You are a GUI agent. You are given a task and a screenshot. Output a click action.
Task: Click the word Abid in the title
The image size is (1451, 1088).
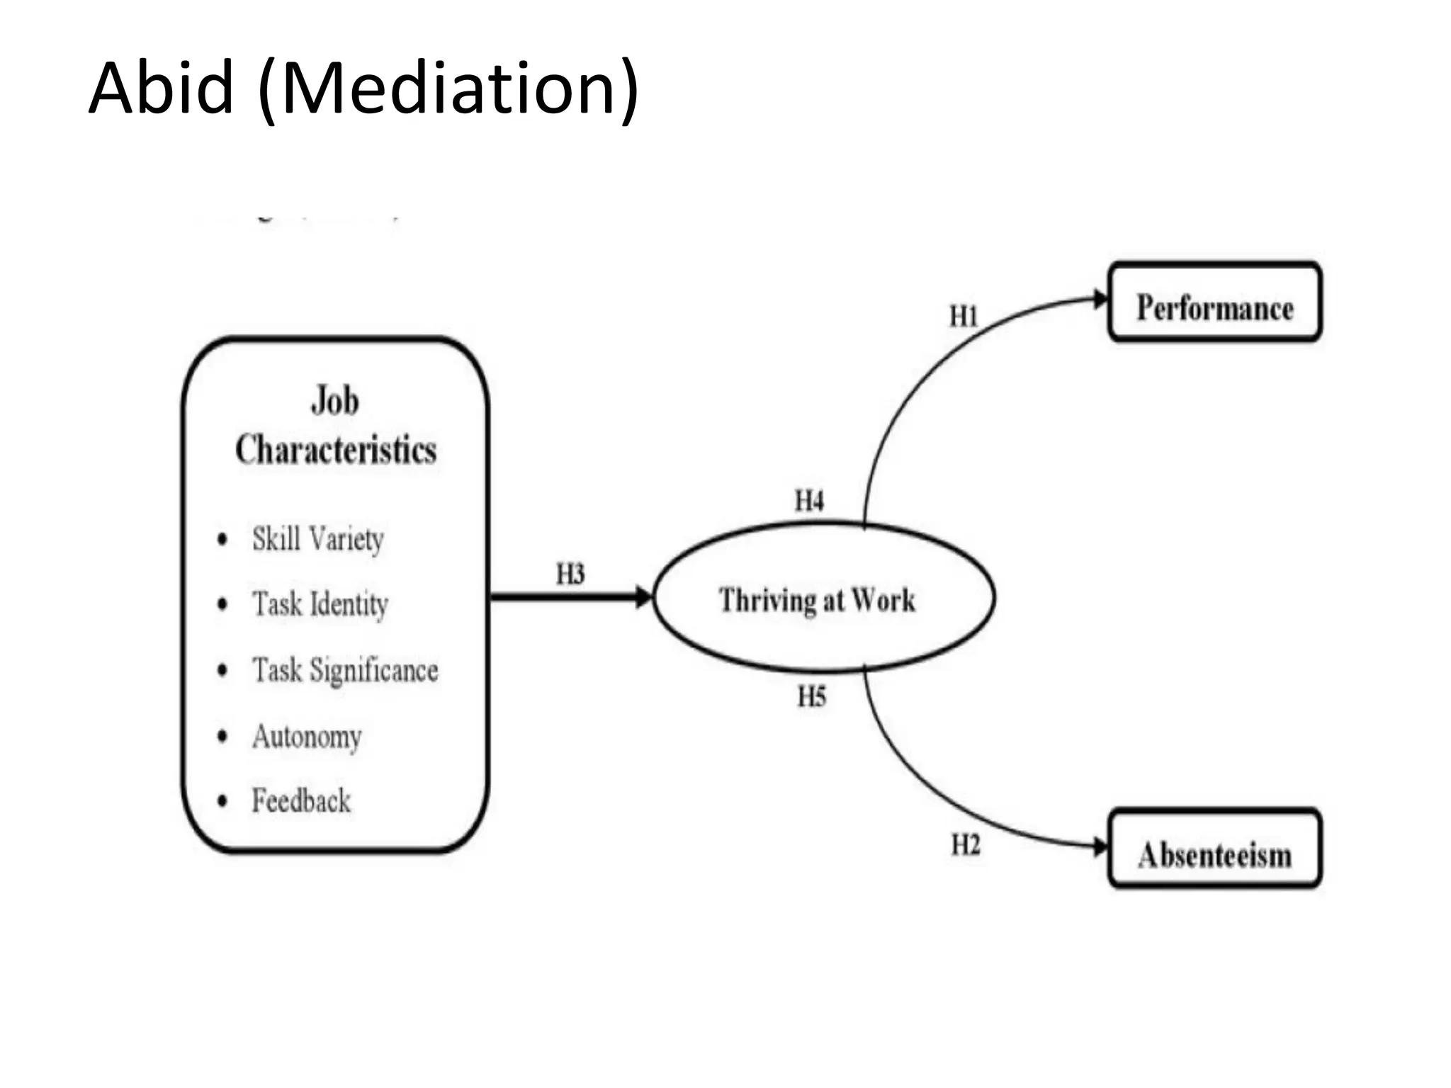click(162, 89)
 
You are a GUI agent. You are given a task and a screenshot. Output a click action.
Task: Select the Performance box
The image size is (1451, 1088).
click(1214, 302)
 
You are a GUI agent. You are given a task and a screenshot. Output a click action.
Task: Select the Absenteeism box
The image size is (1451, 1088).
click(1214, 848)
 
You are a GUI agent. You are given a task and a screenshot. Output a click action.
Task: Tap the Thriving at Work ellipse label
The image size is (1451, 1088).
click(817, 600)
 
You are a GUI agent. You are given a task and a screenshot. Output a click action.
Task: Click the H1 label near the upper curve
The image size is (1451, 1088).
click(964, 316)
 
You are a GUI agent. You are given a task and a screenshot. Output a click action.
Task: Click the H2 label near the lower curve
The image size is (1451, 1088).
click(965, 844)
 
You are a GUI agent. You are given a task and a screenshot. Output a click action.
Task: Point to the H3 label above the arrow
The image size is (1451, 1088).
click(570, 574)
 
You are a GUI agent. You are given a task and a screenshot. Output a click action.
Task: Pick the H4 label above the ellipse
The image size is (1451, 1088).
click(809, 501)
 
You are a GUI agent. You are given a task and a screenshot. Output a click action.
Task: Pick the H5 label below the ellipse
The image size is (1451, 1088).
click(811, 696)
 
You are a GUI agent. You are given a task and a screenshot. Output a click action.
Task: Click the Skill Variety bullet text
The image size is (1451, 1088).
click(318, 539)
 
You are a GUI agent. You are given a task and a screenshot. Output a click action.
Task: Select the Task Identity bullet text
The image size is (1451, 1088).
click(320, 604)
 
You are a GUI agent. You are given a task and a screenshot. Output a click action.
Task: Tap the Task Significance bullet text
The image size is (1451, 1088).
click(345, 670)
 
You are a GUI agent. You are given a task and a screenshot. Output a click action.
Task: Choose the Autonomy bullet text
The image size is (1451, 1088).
click(307, 737)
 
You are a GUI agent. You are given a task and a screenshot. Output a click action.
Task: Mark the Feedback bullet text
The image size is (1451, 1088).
click(301, 801)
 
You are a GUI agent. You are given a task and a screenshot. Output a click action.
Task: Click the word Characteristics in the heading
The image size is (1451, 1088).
click(336, 450)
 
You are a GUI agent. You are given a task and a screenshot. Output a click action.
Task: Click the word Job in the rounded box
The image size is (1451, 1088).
click(335, 400)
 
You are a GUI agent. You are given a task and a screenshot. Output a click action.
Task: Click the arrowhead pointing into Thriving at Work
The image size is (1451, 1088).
click(643, 597)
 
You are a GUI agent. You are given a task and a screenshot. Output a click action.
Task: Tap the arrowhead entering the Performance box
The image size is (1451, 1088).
click(1100, 300)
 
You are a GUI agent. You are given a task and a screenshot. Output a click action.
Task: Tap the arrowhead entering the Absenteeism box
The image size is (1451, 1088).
click(1100, 846)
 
